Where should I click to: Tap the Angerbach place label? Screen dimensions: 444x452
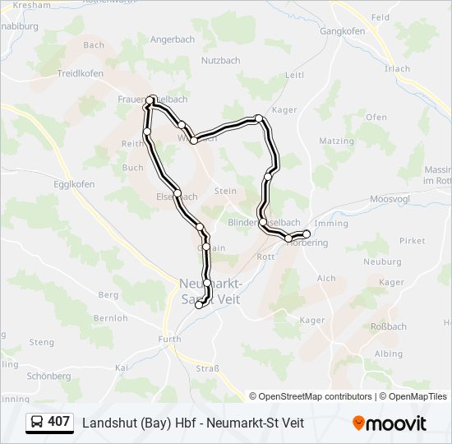pyautogui.click(x=171, y=39)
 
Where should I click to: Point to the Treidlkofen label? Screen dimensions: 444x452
pyautogui.click(x=81, y=73)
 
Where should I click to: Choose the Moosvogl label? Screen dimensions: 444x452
pyautogui.click(x=389, y=199)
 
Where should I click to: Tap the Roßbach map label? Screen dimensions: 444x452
pyautogui.click(x=390, y=326)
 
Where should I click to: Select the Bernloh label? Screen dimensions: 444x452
pyautogui.click(x=109, y=317)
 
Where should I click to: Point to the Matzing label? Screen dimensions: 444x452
pyautogui.click(x=336, y=141)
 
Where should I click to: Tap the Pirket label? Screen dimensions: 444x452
pyautogui.click(x=413, y=241)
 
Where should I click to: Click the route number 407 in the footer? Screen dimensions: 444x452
pyautogui.click(x=58, y=422)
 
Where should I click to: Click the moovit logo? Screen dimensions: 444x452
pyautogui.click(x=390, y=423)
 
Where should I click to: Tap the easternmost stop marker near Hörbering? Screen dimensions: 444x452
pyautogui.click(x=307, y=234)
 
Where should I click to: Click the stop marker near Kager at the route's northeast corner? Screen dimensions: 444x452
pyautogui.click(x=259, y=118)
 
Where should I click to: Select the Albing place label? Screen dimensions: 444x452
pyautogui.click(x=388, y=354)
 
